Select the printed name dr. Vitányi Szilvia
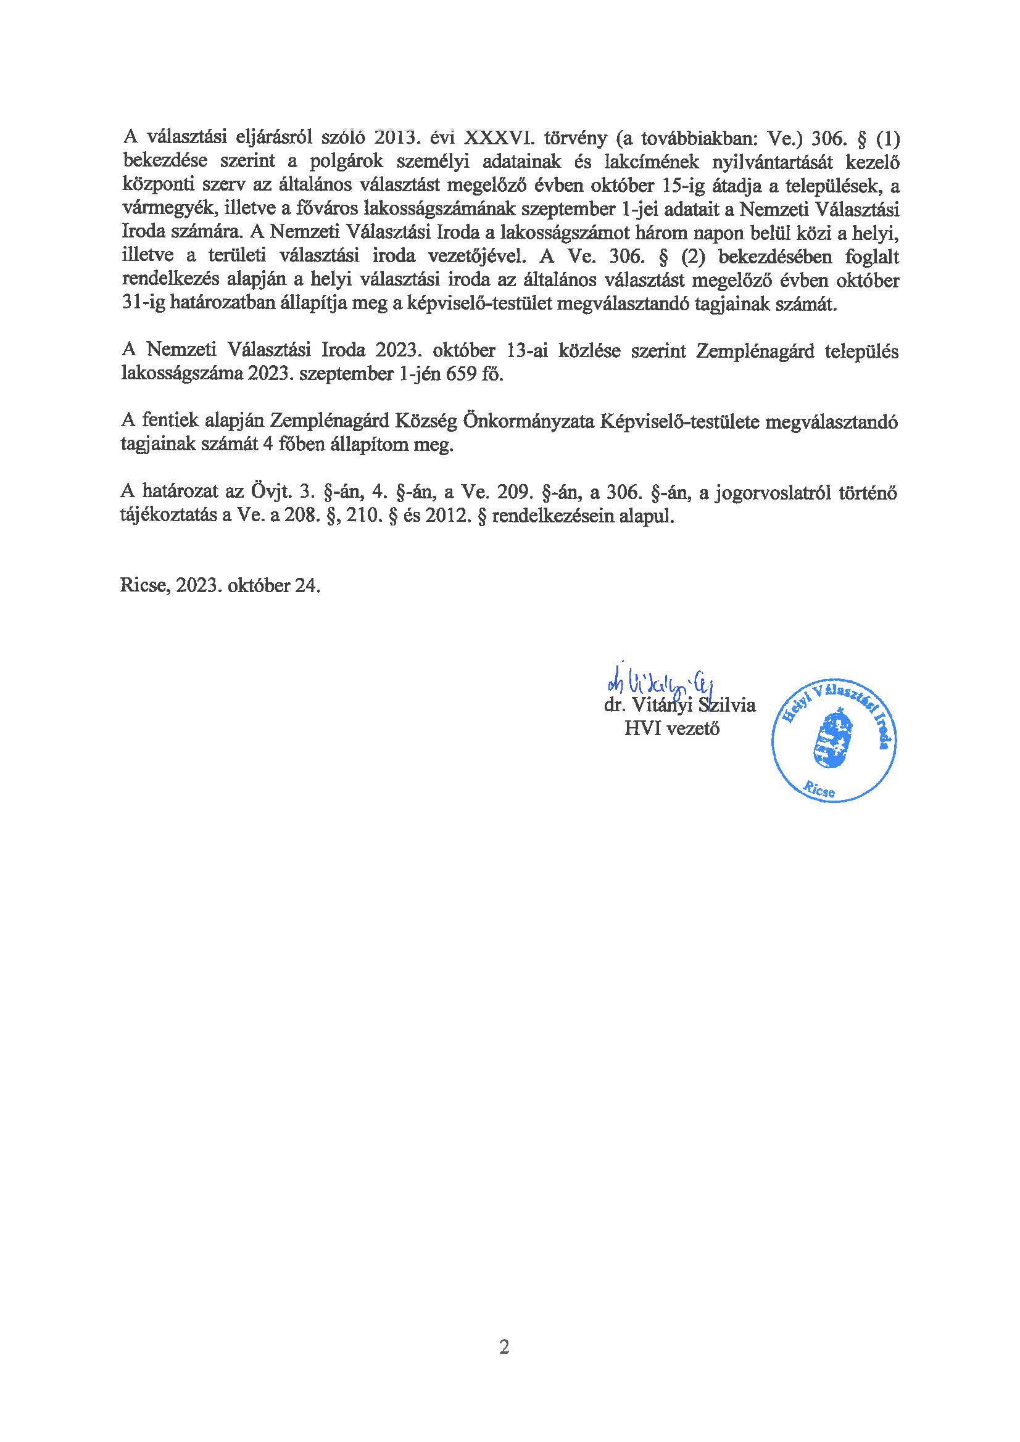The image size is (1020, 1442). click(x=679, y=705)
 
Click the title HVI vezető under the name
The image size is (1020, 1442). click(x=672, y=728)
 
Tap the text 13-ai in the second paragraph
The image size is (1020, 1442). click(x=529, y=351)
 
